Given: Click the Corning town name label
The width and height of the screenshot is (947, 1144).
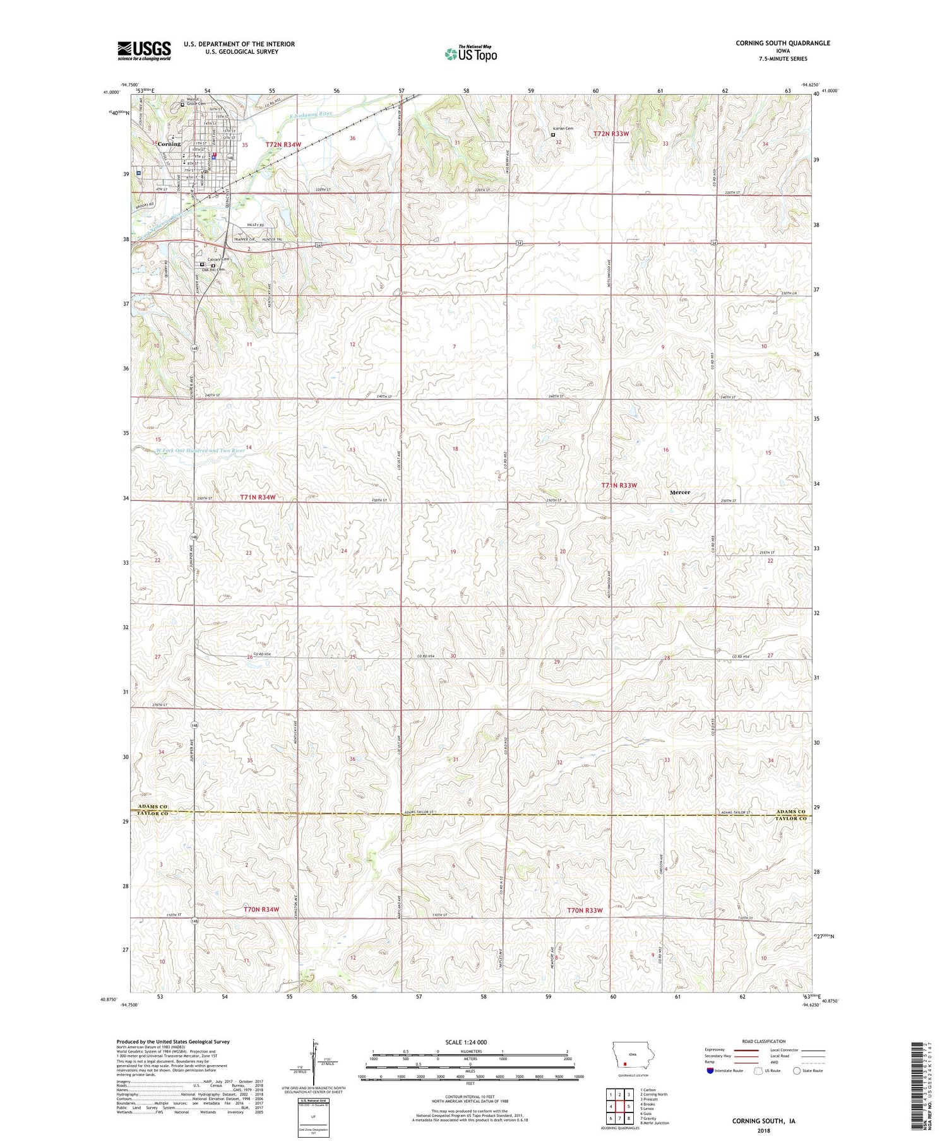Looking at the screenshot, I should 169,144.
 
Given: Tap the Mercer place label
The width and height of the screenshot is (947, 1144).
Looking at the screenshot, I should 680,492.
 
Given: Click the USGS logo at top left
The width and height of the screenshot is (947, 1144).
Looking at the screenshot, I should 144,50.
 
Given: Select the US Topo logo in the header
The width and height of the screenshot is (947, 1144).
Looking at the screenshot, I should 470,54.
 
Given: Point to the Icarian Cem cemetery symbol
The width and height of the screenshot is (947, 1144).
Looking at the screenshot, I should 554,134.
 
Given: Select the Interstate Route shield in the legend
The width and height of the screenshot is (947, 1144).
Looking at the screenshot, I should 710,1071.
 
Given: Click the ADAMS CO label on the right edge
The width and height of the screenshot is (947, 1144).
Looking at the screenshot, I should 791,811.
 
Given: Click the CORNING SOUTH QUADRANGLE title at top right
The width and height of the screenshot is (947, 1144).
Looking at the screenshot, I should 782,43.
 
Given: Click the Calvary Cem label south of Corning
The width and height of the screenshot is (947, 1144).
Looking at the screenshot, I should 218,259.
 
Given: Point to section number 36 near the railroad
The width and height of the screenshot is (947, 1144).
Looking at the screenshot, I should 352,138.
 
